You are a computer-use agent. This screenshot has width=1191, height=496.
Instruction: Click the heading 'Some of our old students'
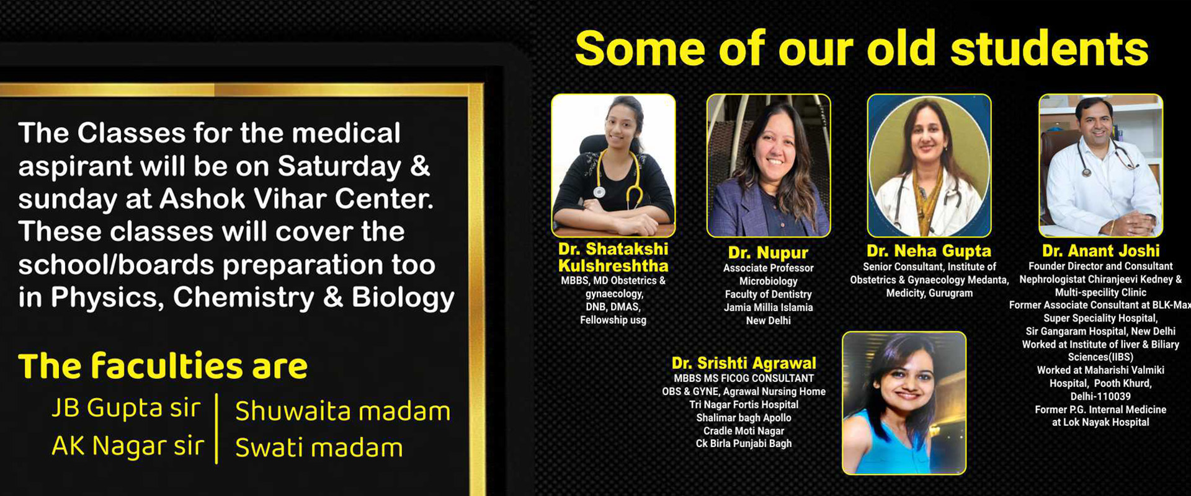(862, 49)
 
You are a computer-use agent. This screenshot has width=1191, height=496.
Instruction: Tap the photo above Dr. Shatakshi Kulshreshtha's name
(613, 166)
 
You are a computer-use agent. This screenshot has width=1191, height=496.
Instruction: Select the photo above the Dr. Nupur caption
(769, 166)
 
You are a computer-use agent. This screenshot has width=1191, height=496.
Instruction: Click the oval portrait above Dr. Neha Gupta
(929, 166)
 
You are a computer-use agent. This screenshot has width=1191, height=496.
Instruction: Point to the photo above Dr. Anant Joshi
(1101, 166)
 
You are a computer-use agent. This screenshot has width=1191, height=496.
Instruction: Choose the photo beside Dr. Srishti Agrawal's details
(904, 403)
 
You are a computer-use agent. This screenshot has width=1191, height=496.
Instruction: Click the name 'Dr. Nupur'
(768, 253)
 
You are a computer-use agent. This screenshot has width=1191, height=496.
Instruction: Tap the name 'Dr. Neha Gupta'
(929, 251)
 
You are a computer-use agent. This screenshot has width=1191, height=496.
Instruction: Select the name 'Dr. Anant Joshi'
(1100, 251)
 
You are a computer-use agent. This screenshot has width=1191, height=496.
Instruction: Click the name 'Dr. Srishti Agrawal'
(744, 363)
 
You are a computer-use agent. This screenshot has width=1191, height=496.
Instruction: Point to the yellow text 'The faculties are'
(163, 366)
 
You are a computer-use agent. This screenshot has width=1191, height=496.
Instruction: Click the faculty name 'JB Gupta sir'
(126, 409)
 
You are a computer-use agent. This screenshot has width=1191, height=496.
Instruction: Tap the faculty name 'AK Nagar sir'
(128, 446)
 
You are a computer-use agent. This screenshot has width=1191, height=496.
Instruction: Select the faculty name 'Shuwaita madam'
(343, 411)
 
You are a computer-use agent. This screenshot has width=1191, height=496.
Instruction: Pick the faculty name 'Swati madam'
(319, 448)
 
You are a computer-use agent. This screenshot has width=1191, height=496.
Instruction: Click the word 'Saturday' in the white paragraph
(339, 167)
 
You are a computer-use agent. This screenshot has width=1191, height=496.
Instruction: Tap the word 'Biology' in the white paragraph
(403, 298)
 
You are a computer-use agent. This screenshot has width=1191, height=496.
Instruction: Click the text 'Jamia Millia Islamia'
(768, 308)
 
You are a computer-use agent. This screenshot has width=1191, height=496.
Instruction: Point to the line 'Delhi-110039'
(1100, 396)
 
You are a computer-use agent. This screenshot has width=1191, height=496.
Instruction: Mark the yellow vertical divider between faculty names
(216, 428)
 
